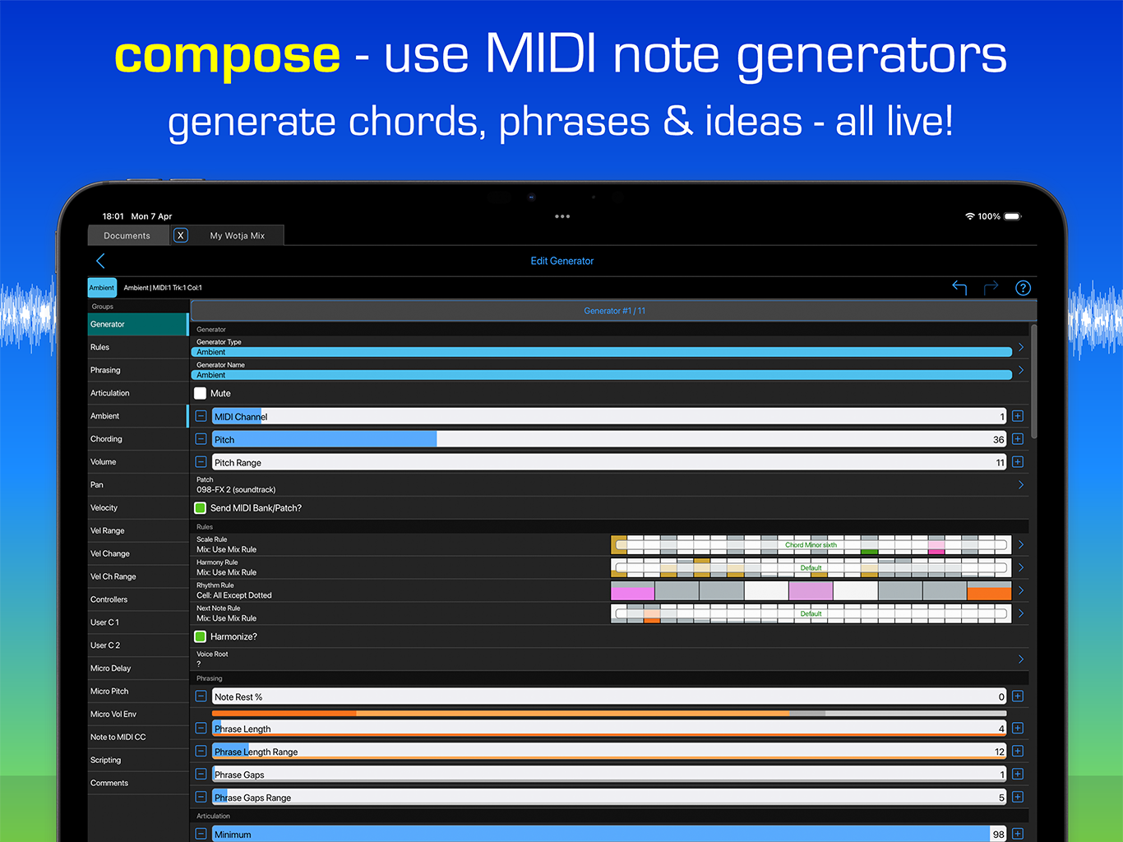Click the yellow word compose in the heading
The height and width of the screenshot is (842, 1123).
click(227, 56)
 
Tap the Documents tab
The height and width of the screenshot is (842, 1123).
click(127, 236)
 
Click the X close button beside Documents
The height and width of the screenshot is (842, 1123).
click(181, 235)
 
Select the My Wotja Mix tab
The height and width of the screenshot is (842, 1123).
click(237, 236)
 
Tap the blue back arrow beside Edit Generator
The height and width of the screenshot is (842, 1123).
click(100, 261)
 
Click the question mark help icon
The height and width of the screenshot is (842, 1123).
click(1023, 288)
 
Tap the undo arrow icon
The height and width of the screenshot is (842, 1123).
click(959, 287)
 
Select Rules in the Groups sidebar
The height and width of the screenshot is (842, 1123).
click(100, 348)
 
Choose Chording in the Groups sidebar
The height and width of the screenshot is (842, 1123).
click(106, 439)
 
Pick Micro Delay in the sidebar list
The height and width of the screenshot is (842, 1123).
click(111, 669)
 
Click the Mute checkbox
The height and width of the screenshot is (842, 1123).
click(201, 393)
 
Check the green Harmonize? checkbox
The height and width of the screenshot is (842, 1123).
click(201, 636)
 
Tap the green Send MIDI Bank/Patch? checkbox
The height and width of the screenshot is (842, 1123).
click(201, 508)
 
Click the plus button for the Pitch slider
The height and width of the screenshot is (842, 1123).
click(1018, 439)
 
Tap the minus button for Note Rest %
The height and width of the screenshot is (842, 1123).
click(201, 696)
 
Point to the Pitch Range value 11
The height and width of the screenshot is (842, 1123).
click(1000, 463)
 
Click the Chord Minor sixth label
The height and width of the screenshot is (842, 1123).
click(811, 545)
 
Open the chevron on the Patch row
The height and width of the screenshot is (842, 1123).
click(1021, 485)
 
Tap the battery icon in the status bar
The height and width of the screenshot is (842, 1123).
click(1012, 216)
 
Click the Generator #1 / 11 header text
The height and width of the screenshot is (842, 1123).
click(614, 311)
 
